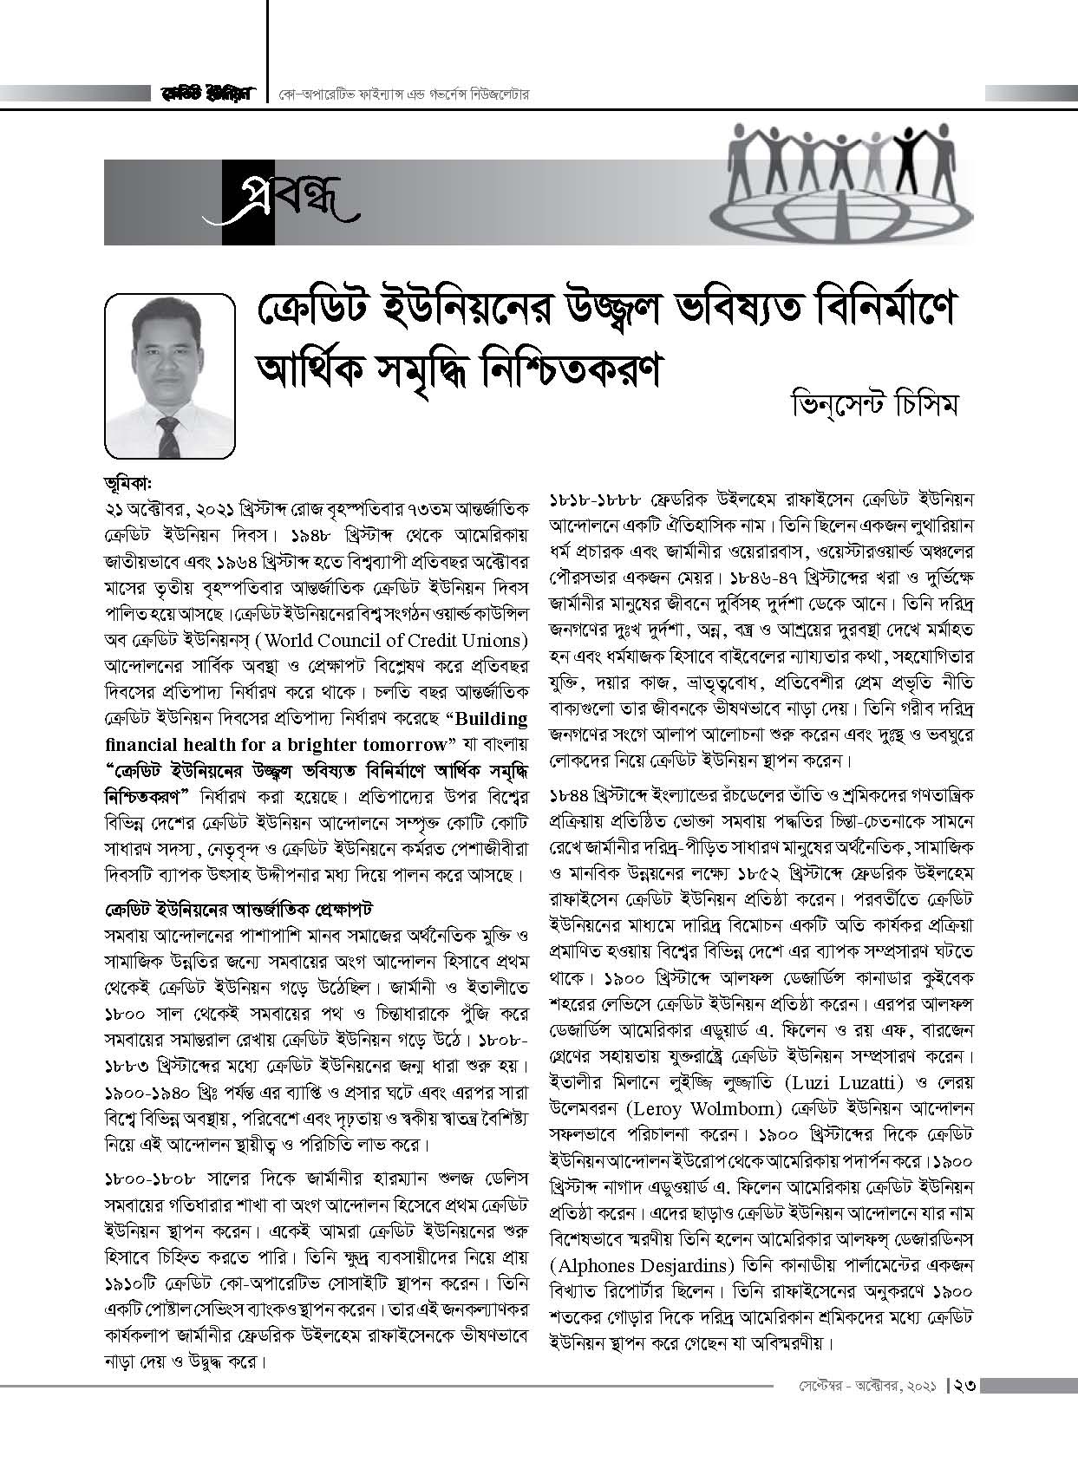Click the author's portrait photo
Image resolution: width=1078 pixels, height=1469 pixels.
(x=170, y=375)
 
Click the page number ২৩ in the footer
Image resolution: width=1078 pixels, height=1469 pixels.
(x=964, y=1386)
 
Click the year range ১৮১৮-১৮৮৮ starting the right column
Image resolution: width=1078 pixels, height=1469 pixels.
(x=595, y=500)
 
